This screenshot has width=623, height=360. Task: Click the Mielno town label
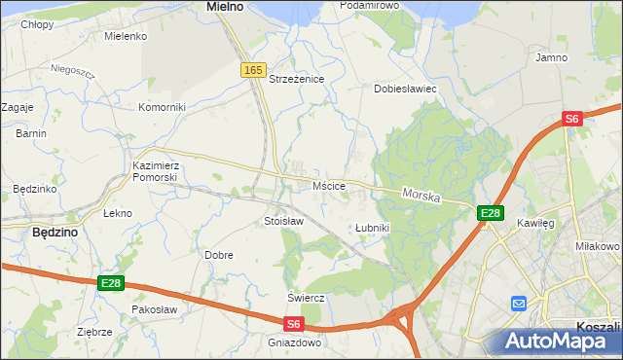(225, 6)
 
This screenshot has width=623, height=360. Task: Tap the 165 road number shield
(253, 70)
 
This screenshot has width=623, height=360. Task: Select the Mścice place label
(328, 185)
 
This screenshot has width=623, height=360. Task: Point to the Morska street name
(421, 196)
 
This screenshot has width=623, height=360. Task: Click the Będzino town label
(55, 233)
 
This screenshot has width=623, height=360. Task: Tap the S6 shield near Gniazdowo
(294, 324)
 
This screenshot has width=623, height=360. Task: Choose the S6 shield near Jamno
(571, 119)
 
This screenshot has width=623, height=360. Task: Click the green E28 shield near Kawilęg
(490, 213)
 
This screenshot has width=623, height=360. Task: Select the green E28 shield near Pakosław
(111, 283)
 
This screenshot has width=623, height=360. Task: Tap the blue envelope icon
(518, 304)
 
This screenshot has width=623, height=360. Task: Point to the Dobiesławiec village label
(405, 89)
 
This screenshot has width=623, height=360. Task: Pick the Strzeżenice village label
(296, 79)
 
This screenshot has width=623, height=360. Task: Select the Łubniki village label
(372, 228)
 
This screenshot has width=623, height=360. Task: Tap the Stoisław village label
(283, 221)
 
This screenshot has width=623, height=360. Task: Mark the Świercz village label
(305, 298)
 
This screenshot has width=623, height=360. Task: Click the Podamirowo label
(370, 6)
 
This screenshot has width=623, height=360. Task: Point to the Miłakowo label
(598, 246)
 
